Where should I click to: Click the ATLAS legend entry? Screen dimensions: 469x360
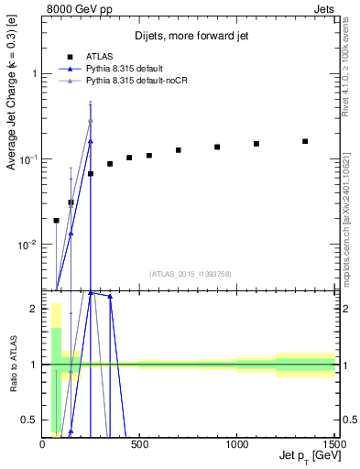[x=100, y=55]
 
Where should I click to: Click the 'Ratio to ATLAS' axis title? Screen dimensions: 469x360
[x=13, y=364]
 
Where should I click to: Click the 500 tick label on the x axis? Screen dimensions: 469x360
[x=139, y=444]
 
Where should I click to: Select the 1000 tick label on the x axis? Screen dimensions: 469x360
[x=236, y=444]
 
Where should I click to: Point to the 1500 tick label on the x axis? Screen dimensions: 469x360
[x=333, y=444]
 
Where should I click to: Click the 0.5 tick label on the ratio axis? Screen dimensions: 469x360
[x=30, y=420]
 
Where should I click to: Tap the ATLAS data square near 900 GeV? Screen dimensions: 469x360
[x=217, y=147]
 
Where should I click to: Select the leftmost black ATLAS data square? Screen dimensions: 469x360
[x=56, y=220]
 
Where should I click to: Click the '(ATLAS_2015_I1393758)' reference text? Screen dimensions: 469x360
[x=190, y=273]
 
